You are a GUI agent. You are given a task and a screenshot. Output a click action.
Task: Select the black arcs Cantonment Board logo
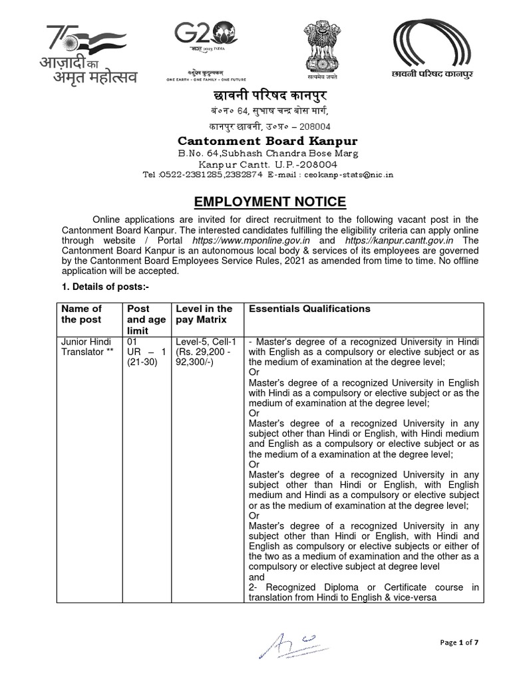432,48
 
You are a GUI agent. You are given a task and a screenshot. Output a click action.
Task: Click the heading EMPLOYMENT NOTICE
269,202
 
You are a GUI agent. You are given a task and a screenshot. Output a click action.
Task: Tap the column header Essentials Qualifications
309,309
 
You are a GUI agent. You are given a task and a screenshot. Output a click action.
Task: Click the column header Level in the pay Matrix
204,315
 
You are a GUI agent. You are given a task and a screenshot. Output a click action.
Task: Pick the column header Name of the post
81,315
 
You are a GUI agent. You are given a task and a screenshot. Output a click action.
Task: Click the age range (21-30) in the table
141,362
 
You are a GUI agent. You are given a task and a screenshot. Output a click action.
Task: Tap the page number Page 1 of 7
459,642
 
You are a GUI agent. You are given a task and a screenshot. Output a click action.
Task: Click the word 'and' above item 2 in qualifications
256,577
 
